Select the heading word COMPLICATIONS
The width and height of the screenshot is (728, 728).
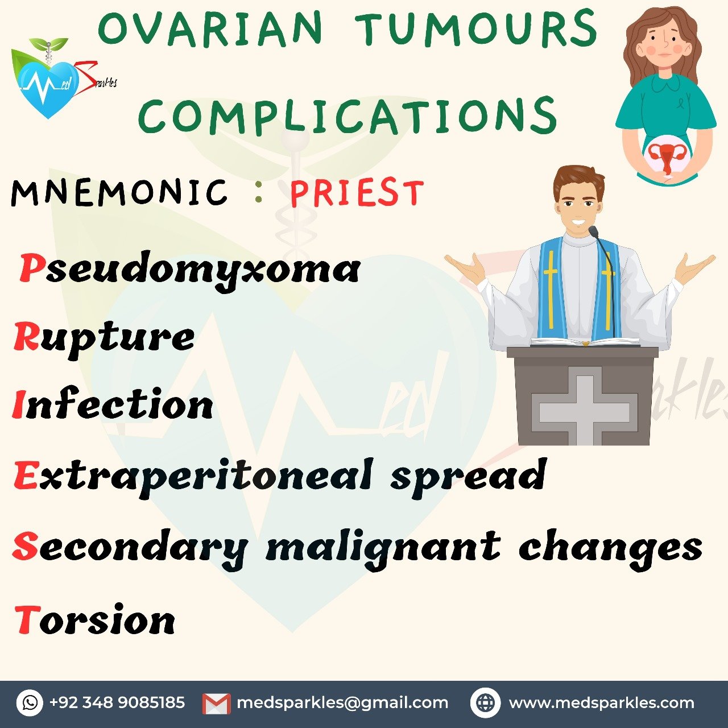click(x=348, y=114)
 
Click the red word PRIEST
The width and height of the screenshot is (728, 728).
click(x=357, y=193)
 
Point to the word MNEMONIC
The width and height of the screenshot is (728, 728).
click(x=119, y=193)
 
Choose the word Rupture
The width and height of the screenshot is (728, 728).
click(x=104, y=338)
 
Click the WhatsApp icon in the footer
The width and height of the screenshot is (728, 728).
click(x=30, y=702)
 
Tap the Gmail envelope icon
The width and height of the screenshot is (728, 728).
click(x=217, y=704)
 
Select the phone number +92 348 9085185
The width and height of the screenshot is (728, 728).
click(x=117, y=702)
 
